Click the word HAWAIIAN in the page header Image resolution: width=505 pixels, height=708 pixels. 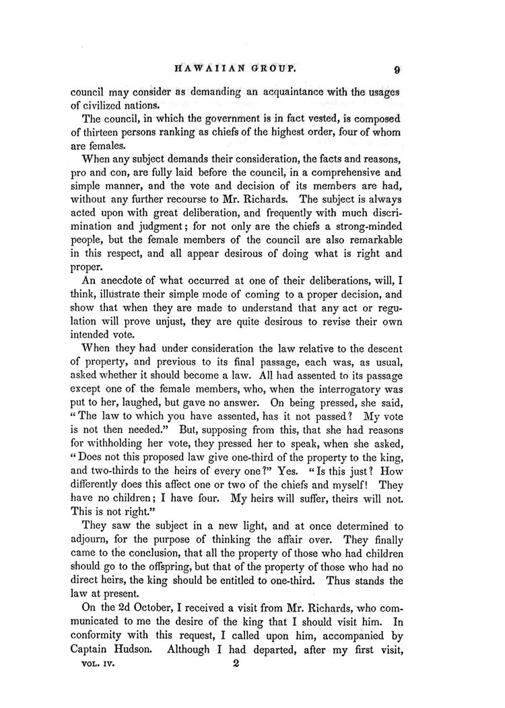pyautogui.click(x=208, y=68)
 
